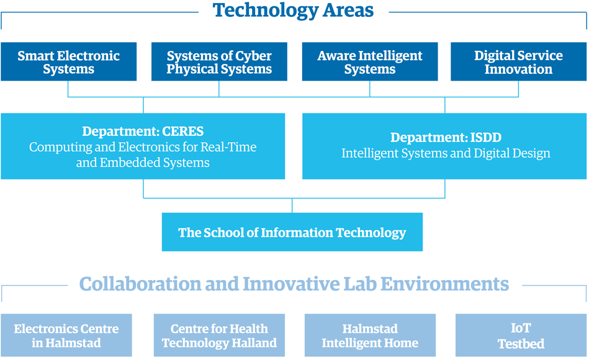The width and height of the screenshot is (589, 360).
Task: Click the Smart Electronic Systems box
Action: (68, 61)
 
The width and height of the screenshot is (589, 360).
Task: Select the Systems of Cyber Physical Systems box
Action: (219, 61)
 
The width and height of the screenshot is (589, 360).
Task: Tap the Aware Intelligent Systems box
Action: (370, 61)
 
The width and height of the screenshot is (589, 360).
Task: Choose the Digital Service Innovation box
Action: (518, 61)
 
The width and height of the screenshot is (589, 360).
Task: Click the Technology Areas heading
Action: (293, 11)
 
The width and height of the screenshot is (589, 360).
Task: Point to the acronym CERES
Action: (183, 131)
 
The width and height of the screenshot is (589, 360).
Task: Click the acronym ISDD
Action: (486, 138)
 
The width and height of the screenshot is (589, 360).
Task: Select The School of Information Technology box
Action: (292, 232)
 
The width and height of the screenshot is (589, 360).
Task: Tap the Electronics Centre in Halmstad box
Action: (66, 335)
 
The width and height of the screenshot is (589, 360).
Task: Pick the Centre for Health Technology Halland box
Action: (219, 335)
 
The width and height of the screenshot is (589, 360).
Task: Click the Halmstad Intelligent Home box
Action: (370, 335)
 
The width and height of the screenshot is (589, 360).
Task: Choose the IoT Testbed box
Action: (521, 335)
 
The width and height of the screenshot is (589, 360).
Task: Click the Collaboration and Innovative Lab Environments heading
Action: (294, 284)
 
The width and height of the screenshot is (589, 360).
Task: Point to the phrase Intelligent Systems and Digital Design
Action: (446, 153)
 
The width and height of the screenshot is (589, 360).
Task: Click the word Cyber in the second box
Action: (252, 56)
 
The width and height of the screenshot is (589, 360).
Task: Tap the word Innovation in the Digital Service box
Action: (518, 69)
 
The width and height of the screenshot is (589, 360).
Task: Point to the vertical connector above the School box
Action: (292, 205)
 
